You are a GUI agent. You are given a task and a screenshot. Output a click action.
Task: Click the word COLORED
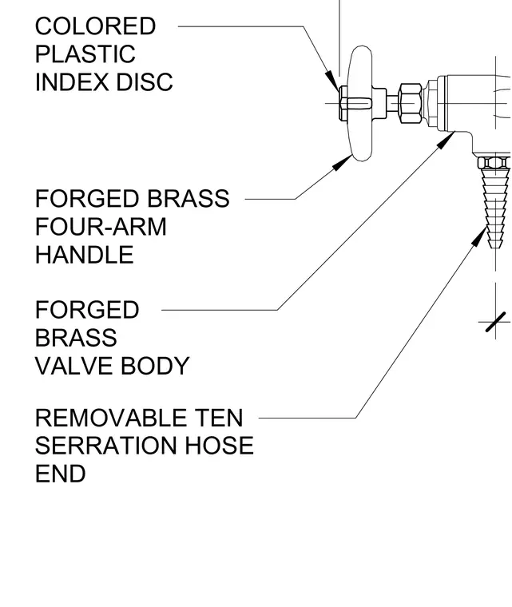pyautogui.click(x=95, y=26)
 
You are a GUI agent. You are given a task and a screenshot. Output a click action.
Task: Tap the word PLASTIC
pyautogui.click(x=85, y=54)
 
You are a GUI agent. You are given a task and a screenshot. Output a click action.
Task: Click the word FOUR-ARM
pyautogui.click(x=101, y=227)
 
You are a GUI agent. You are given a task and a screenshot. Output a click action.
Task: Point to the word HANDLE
pyautogui.click(x=85, y=255)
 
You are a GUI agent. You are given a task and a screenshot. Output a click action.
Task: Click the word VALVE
pyautogui.click(x=74, y=366)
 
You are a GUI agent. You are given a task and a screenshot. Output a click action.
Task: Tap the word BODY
pyautogui.click(x=155, y=366)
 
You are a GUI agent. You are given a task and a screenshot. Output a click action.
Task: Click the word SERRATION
pyautogui.click(x=106, y=446)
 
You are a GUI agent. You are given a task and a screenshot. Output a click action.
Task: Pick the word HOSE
pyautogui.click(x=219, y=446)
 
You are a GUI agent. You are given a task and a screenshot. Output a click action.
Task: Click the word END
pyautogui.click(x=61, y=474)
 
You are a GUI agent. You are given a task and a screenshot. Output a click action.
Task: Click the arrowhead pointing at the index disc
pyautogui.click(x=332, y=81)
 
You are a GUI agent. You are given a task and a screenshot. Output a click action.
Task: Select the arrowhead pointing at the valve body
pyautogui.click(x=446, y=140)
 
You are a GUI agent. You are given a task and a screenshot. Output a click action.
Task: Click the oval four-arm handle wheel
pyautogui.click(x=361, y=103)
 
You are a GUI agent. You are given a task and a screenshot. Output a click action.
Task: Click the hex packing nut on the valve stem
pyautogui.click(x=411, y=103)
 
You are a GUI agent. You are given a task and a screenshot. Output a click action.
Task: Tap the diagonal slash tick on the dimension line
pyautogui.click(x=496, y=322)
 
